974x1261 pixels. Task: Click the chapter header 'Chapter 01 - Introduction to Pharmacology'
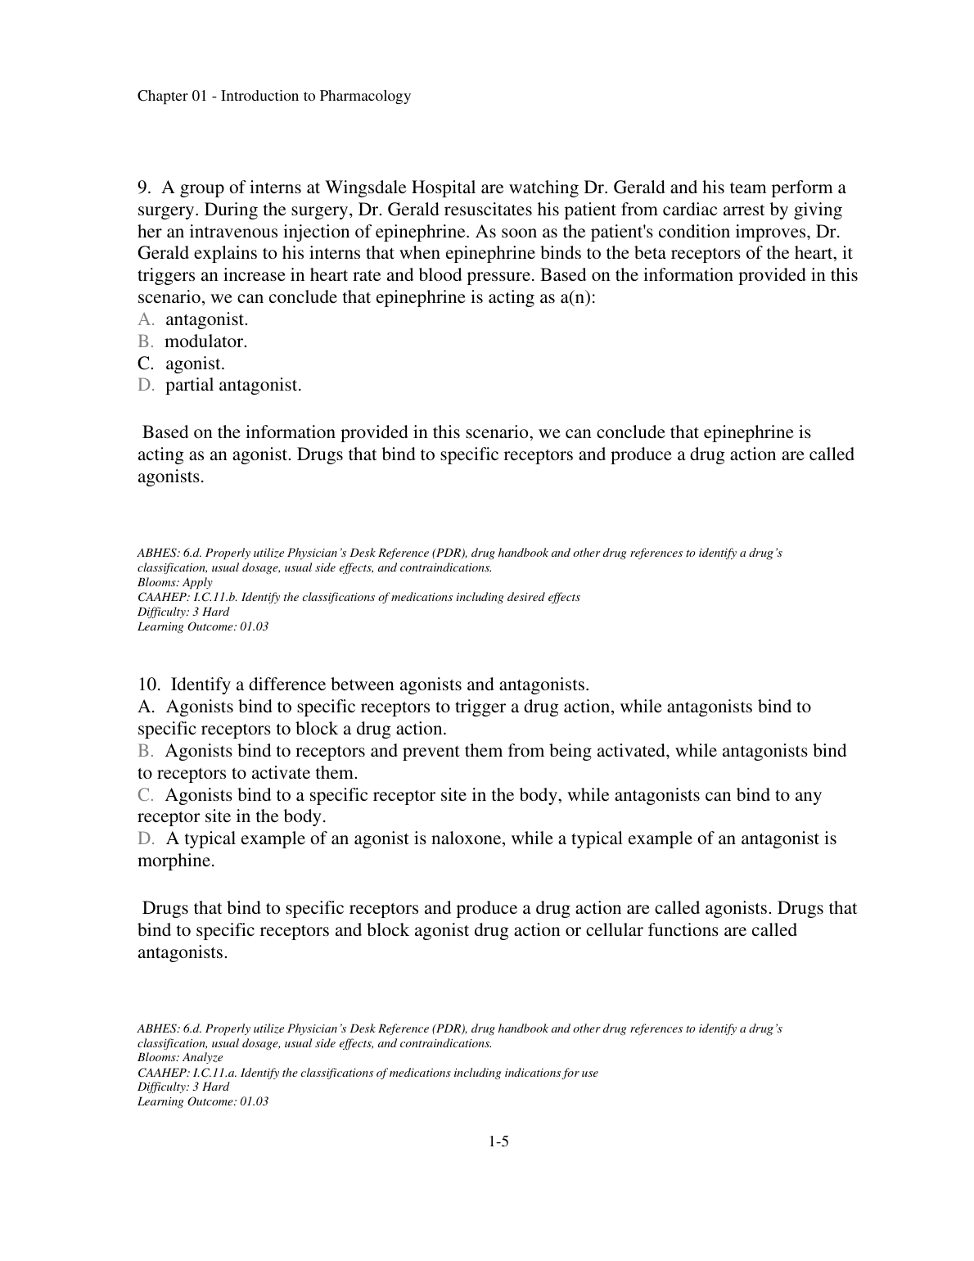[x=273, y=97]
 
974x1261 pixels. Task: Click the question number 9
[x=143, y=188]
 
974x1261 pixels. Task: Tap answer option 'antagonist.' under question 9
[x=206, y=319]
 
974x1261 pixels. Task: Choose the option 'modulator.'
[x=205, y=341]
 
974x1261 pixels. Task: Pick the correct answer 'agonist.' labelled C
[x=195, y=364]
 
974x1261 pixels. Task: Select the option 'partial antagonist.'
[x=233, y=385]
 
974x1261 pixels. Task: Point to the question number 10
[x=147, y=685]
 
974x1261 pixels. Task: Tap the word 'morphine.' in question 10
[x=176, y=861]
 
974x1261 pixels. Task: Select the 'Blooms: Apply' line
[x=174, y=582]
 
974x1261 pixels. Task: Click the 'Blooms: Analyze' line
[x=180, y=1058]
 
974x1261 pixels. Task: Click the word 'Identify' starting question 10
[x=200, y=685]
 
